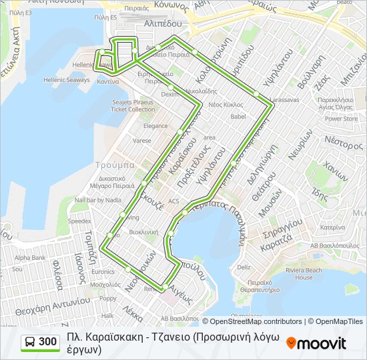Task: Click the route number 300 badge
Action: pyautogui.click(x=39, y=342)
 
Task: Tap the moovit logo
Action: pyautogui.click(x=316, y=343)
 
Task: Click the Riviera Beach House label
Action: pyautogui.click(x=304, y=273)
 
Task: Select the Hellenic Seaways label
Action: pyautogui.click(x=69, y=80)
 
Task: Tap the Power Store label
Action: pyautogui.click(x=342, y=119)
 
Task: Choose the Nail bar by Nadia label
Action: pyautogui.click(x=98, y=199)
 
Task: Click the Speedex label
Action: pyautogui.click(x=79, y=220)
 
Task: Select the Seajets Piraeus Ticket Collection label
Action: pyautogui.click(x=132, y=105)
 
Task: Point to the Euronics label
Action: pyautogui.click(x=103, y=272)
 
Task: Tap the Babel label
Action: pyautogui.click(x=238, y=116)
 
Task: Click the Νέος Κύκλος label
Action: pyautogui.click(x=226, y=105)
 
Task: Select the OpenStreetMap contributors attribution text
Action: pyautogui.click(x=256, y=321)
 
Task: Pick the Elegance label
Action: pyautogui.click(x=155, y=126)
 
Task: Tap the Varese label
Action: pyautogui.click(x=141, y=141)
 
